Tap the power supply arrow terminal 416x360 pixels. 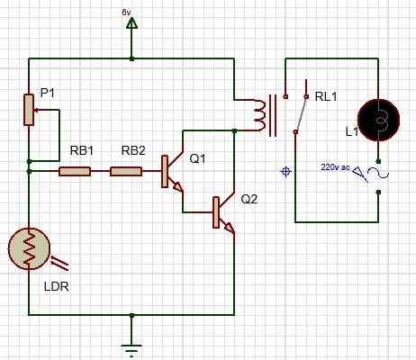coord(132,26)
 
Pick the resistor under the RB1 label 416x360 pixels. coord(74,171)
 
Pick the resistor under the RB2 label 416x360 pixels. coord(125,171)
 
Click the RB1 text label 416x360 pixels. coord(81,149)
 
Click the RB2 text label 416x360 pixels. coord(132,149)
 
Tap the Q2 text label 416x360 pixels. coord(249,200)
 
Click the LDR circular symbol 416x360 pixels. coord(30,249)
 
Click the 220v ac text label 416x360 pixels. coord(338,166)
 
